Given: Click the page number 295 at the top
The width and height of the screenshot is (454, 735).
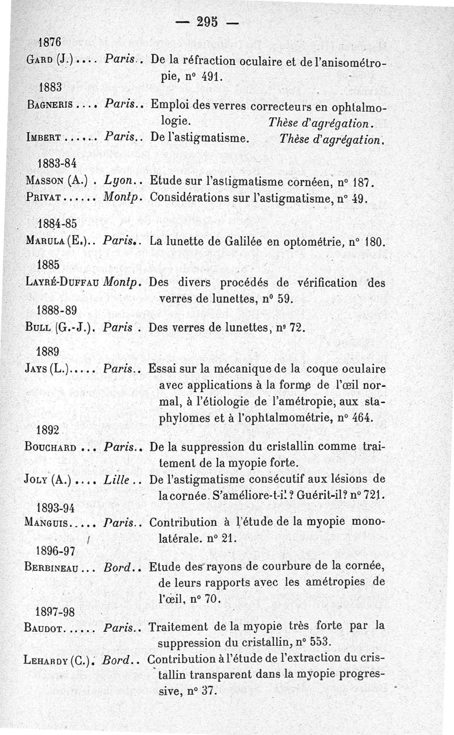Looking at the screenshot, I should tap(207, 23).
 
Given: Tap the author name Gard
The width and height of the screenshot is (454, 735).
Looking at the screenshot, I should tap(39, 61).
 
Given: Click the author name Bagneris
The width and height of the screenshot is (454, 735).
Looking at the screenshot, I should tap(50, 105).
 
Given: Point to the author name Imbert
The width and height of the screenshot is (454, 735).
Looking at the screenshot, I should tap(45, 137).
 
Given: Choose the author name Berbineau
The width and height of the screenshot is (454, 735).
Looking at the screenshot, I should tap(51, 567).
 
